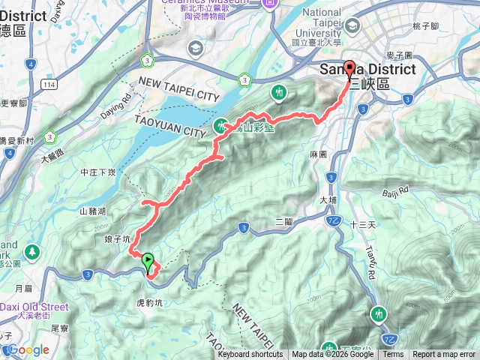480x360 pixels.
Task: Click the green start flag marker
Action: [148, 262]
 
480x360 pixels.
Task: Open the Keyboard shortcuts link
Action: [250, 355]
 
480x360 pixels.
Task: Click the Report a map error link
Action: [444, 355]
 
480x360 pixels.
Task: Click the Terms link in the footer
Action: [393, 355]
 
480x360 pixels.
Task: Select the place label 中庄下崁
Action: [97, 172]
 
